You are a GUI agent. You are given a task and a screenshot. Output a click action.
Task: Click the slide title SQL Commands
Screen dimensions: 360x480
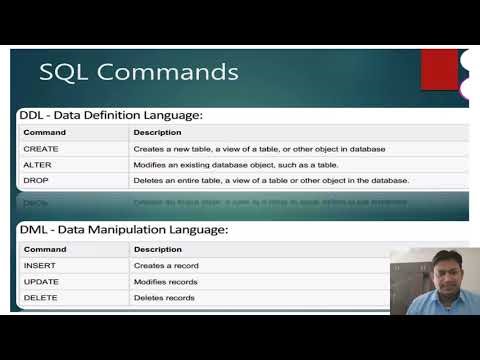coord(138,72)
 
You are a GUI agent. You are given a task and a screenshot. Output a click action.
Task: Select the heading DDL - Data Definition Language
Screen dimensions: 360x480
coord(111,115)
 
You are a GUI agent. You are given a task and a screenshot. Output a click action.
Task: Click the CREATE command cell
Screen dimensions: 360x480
coord(41,148)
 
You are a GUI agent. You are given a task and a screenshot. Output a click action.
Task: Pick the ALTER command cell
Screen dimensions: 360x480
coord(38,164)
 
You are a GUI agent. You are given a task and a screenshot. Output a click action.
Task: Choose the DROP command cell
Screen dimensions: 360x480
coord(37,180)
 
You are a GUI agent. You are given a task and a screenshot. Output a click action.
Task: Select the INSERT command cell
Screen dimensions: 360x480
coord(40,265)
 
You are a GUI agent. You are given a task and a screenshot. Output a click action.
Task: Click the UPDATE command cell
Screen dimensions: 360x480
coord(41,282)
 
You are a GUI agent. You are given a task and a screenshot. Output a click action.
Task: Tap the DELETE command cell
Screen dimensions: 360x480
coord(41,298)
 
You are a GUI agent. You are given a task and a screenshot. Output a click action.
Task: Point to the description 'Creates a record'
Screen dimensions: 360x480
coord(166,265)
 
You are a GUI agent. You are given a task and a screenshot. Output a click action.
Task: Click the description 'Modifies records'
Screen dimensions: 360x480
coord(166,282)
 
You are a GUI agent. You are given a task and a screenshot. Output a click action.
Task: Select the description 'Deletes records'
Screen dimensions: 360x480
coord(164,298)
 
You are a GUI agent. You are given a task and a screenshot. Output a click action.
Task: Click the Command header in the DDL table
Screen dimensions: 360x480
coord(45,132)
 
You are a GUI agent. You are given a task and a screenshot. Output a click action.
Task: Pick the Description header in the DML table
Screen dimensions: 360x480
coord(158,249)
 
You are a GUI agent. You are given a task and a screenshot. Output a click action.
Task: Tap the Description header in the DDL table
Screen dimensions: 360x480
coord(158,132)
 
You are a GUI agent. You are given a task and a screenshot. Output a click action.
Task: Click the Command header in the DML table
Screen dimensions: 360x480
coord(45,249)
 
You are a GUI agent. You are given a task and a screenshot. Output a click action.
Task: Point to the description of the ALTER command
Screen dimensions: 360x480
coord(236,164)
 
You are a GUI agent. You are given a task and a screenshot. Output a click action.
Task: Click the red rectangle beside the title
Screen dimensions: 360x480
coord(439,70)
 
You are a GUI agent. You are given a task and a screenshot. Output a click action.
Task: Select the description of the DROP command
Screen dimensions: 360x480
coord(271,180)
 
